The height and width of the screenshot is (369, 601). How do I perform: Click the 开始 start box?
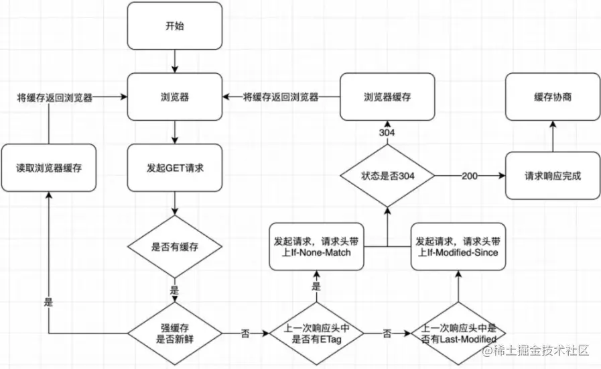pos(174,25)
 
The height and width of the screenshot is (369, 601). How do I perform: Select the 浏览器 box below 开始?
pos(174,97)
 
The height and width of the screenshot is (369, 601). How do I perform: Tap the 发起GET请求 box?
pos(174,167)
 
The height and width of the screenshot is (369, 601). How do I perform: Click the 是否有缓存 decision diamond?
pos(174,246)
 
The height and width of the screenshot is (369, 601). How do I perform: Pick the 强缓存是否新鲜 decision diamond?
pos(174,333)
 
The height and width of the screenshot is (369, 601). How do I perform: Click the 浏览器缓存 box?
pos(387,97)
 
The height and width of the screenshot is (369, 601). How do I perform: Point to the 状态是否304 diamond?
pos(387,176)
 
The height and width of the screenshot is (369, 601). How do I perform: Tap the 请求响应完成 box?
pos(553,176)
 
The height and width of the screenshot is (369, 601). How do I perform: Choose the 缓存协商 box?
pos(553,97)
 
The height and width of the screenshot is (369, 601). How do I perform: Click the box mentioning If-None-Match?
pos(317,246)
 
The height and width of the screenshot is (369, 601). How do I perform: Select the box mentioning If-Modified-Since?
pos(458,246)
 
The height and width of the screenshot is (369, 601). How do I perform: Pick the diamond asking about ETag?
pos(317,333)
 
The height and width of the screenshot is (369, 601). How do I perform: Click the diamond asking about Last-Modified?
pos(458,333)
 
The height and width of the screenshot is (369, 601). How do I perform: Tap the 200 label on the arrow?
pos(470,176)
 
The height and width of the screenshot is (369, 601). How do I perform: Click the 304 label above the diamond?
pos(387,133)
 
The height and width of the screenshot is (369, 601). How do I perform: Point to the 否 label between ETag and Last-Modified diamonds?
pos(387,333)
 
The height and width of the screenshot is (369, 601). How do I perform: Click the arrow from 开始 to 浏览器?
pos(174,61)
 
